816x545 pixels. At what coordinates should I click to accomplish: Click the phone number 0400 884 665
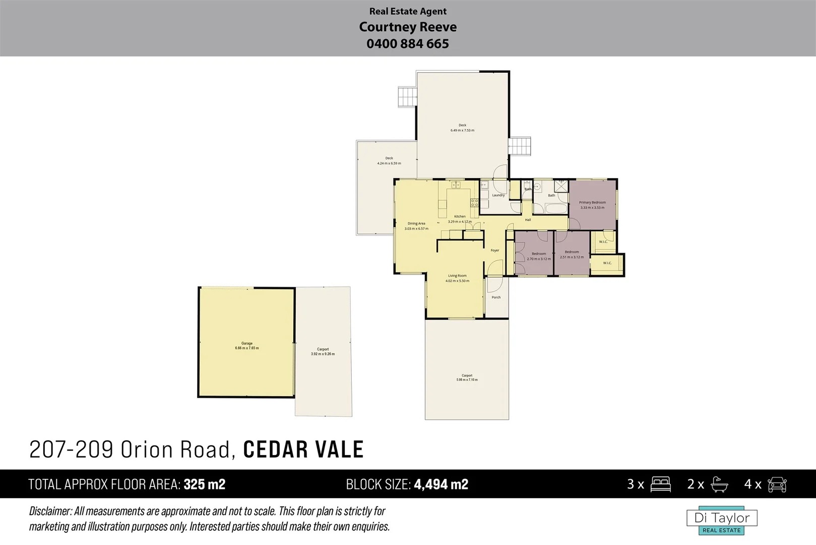tap(408, 44)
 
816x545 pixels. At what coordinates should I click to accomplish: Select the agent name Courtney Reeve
tap(408, 27)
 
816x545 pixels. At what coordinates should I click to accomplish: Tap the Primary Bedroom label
tap(592, 202)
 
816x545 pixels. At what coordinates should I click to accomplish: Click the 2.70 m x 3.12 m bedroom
tap(539, 256)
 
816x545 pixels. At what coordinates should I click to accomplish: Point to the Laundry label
tap(498, 195)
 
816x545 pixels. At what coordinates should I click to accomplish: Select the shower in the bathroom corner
tap(561, 186)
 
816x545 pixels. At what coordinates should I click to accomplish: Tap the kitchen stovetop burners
tap(474, 203)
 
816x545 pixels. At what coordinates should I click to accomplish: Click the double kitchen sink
tap(456, 185)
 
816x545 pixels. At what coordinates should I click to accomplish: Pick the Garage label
tap(246, 343)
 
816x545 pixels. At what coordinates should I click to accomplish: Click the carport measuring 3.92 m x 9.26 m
tap(323, 352)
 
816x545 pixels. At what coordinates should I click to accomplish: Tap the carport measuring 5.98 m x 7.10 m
tap(467, 377)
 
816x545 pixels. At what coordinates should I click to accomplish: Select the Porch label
tap(496, 297)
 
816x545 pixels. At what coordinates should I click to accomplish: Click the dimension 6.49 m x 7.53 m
tap(462, 131)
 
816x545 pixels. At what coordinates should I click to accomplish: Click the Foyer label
tap(495, 250)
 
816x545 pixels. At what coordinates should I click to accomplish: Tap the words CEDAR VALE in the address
tap(303, 450)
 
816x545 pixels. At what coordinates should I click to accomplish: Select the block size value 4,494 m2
tap(441, 484)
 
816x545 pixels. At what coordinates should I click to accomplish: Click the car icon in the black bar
tap(777, 484)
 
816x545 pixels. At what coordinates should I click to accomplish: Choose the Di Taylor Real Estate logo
tap(722, 520)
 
